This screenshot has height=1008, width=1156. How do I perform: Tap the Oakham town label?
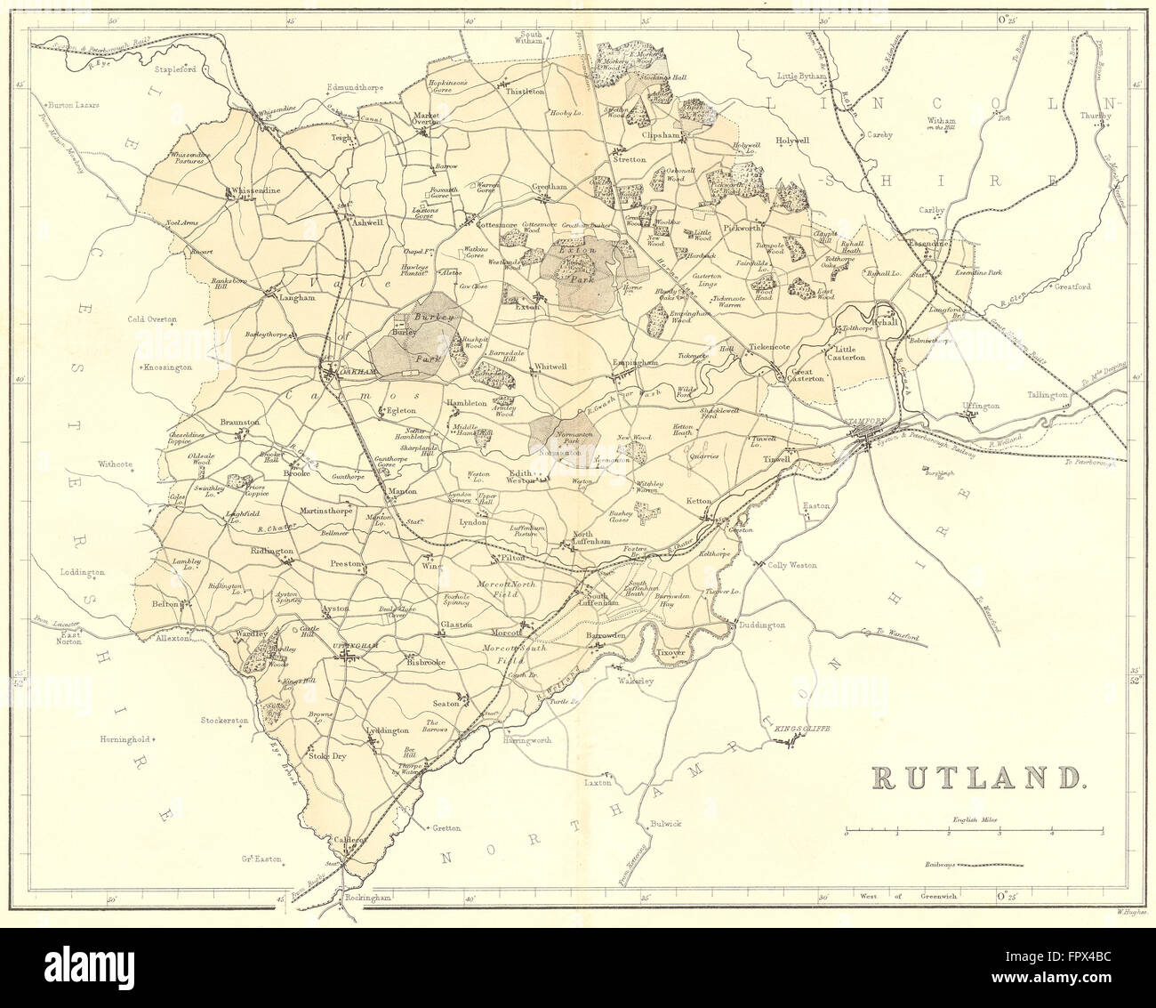(349, 373)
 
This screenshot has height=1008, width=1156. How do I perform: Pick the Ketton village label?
(699, 502)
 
